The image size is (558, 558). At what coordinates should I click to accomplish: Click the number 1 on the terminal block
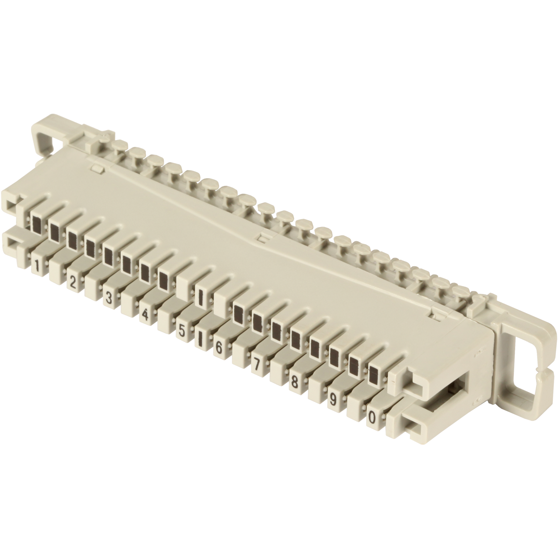[37, 266]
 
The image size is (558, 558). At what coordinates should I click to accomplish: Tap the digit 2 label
[72, 282]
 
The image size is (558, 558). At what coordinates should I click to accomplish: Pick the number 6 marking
[218, 348]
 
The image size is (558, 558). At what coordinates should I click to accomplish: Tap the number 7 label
[256, 365]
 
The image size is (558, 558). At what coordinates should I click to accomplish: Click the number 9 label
[333, 400]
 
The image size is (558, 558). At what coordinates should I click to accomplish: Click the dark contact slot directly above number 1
[37, 224]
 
